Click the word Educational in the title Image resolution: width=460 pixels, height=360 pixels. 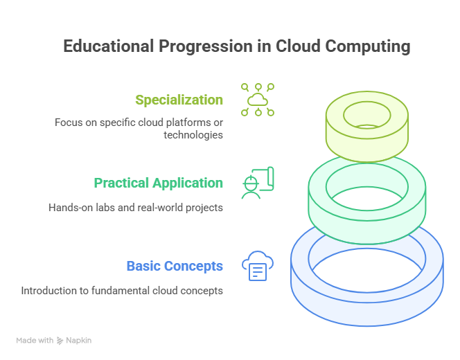coord(109,46)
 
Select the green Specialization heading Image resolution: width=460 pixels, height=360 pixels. coord(179,100)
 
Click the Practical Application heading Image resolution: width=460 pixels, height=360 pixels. coord(159,183)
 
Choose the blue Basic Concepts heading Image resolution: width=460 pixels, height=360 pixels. coord(175,266)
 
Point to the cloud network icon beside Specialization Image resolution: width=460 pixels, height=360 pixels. coord(258,100)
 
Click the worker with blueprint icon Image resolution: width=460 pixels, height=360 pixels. coord(258,183)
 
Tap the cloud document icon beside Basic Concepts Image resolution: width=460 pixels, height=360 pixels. coord(258,266)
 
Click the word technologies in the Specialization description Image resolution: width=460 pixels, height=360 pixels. coord(193,135)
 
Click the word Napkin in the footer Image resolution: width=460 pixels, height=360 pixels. coord(78,341)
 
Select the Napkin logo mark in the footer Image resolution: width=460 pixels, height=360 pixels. coord(60,341)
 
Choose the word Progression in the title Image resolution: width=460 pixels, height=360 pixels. coord(206,47)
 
